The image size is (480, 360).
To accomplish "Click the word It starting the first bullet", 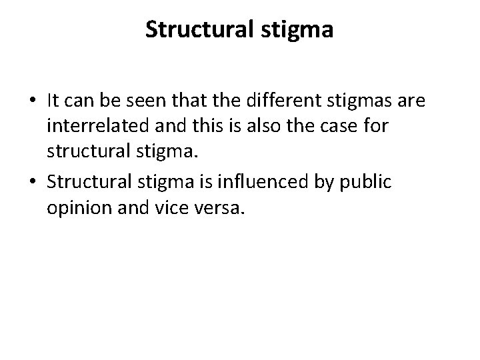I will (54, 101).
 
